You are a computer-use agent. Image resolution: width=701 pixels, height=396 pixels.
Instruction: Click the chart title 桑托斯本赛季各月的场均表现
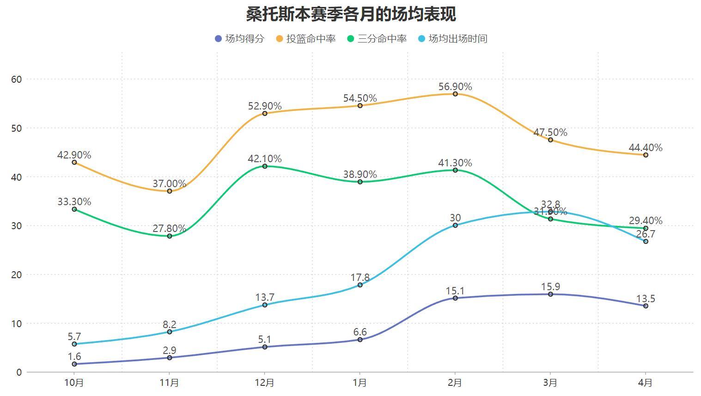351,14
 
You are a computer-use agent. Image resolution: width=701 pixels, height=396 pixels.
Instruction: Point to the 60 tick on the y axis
17,79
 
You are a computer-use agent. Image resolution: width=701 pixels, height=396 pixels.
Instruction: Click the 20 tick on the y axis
17,275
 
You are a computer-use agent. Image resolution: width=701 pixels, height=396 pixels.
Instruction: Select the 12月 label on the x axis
265,383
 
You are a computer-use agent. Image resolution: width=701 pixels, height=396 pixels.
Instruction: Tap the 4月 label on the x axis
646,383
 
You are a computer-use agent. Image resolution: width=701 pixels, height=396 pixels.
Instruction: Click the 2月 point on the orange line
455,94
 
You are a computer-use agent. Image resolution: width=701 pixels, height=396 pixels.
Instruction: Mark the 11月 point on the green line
170,236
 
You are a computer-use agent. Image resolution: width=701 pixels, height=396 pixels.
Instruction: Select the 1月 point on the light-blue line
360,285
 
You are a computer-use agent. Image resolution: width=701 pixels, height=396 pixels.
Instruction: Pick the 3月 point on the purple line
550,294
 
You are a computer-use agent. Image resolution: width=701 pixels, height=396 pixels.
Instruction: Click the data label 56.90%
455,87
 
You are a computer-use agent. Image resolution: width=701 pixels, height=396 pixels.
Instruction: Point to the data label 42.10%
265,159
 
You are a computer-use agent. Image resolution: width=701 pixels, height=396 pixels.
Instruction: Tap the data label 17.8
360,278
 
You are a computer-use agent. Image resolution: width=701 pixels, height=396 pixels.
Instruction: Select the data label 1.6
74,357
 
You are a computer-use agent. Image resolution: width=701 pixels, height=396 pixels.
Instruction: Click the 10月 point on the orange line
74,163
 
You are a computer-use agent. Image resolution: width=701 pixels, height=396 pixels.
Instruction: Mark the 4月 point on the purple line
646,306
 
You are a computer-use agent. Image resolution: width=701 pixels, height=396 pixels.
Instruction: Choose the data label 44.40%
646,148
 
